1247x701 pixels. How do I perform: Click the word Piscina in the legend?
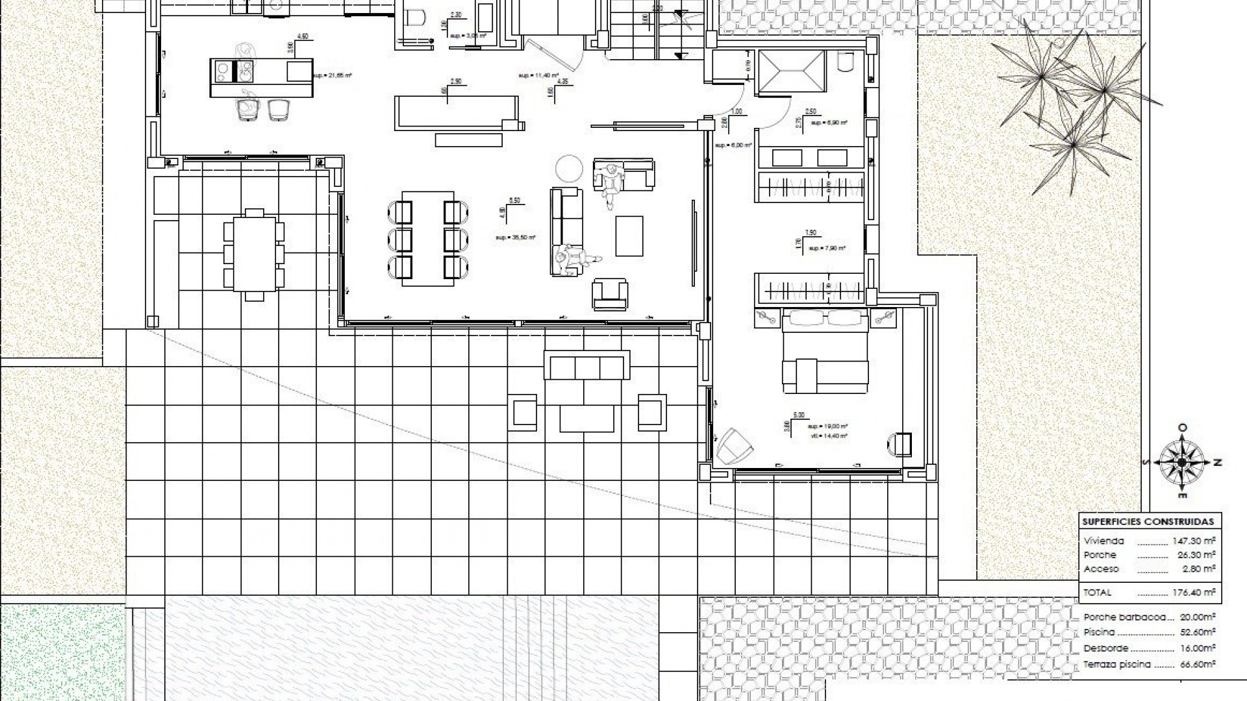pos(1100,632)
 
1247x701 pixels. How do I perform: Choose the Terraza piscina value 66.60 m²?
pos(1198,664)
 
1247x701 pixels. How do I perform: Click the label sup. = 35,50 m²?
pos(515,238)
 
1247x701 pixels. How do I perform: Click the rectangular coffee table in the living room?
pos(629,236)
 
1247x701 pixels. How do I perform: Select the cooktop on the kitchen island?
pos(222,71)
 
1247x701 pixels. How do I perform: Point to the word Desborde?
pos(1106,648)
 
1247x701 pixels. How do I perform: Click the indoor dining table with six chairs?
pos(427,238)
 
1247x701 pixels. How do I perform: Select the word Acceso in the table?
pos(1102,569)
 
